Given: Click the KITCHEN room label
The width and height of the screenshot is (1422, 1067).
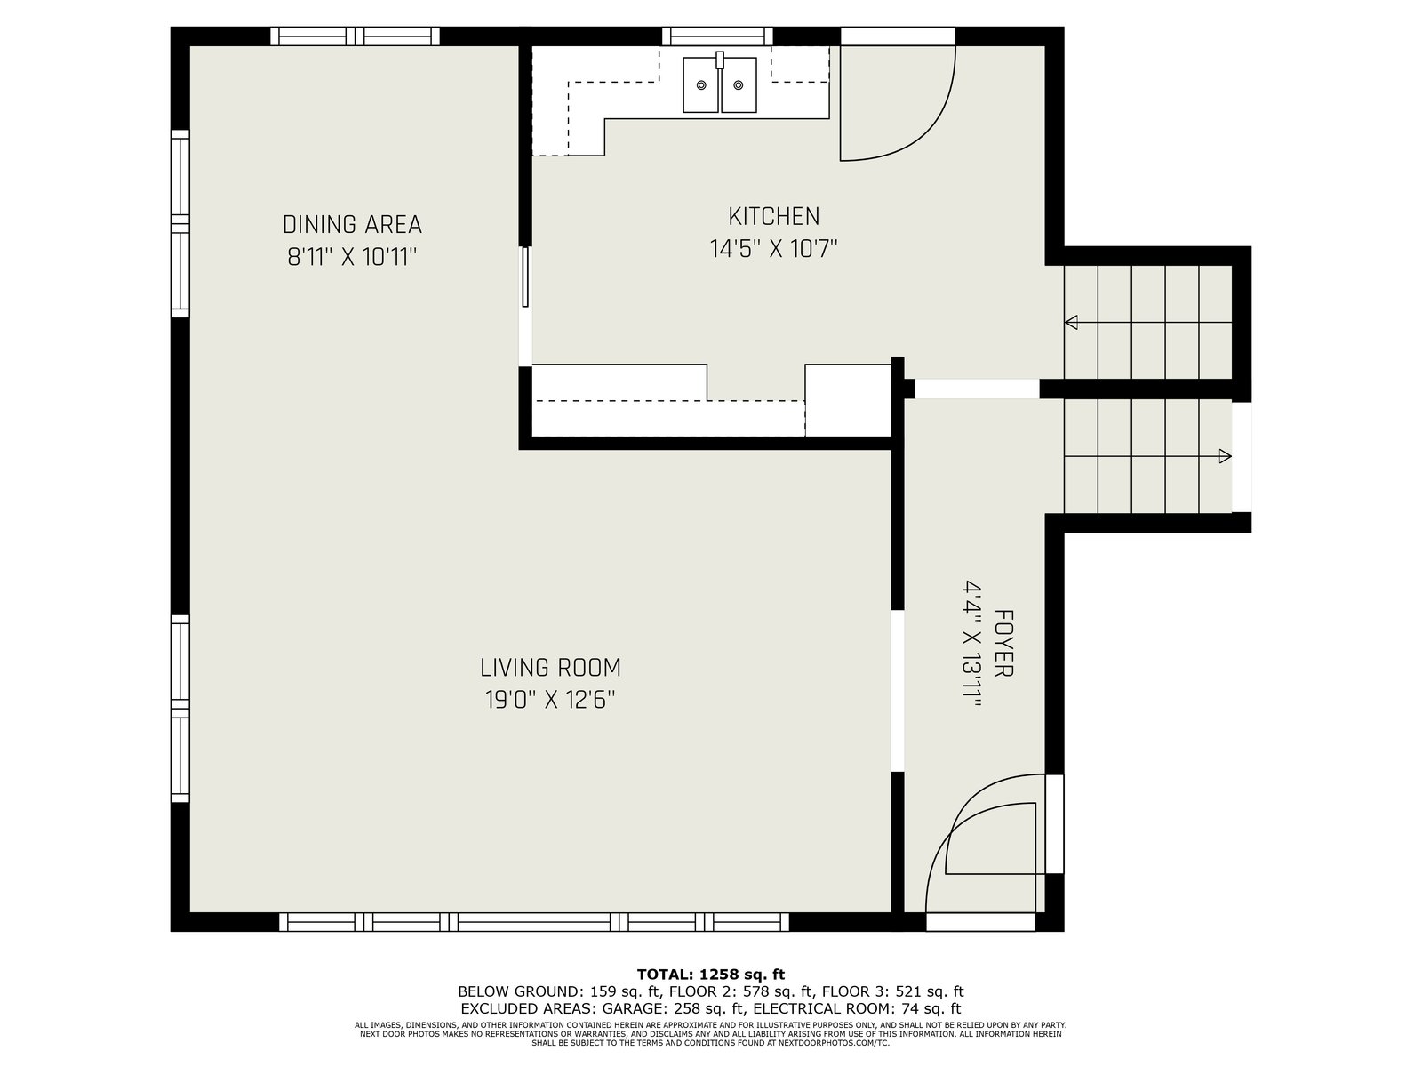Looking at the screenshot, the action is (773, 216).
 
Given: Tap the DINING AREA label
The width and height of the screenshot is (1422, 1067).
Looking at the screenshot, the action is (352, 225).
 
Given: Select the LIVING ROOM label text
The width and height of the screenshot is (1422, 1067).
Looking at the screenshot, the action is (550, 667).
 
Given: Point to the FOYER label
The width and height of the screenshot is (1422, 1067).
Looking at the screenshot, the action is (1003, 643).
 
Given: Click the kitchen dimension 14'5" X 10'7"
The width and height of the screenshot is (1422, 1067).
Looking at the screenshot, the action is (773, 249).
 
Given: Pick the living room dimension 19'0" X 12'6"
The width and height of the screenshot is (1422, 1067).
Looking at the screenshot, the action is (550, 700).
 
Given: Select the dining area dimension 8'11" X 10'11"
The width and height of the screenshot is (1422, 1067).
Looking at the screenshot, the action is (352, 257).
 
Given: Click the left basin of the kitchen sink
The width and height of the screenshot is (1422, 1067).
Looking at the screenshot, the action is (700, 84).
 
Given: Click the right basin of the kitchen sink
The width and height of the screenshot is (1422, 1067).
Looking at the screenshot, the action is (739, 84).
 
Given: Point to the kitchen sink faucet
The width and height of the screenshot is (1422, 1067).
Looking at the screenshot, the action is (720, 60).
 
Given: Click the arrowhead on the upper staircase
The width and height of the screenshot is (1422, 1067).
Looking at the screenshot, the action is (1072, 322).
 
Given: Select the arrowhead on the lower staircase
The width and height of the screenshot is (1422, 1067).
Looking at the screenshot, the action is (1225, 456).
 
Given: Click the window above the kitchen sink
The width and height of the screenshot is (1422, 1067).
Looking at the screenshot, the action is (717, 36).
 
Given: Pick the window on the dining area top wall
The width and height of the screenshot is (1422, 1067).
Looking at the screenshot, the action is (355, 36).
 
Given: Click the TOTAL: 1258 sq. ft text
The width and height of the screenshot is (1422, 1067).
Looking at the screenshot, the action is (711, 975).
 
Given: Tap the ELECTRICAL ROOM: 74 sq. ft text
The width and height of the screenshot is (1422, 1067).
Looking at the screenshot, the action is (857, 1008).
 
